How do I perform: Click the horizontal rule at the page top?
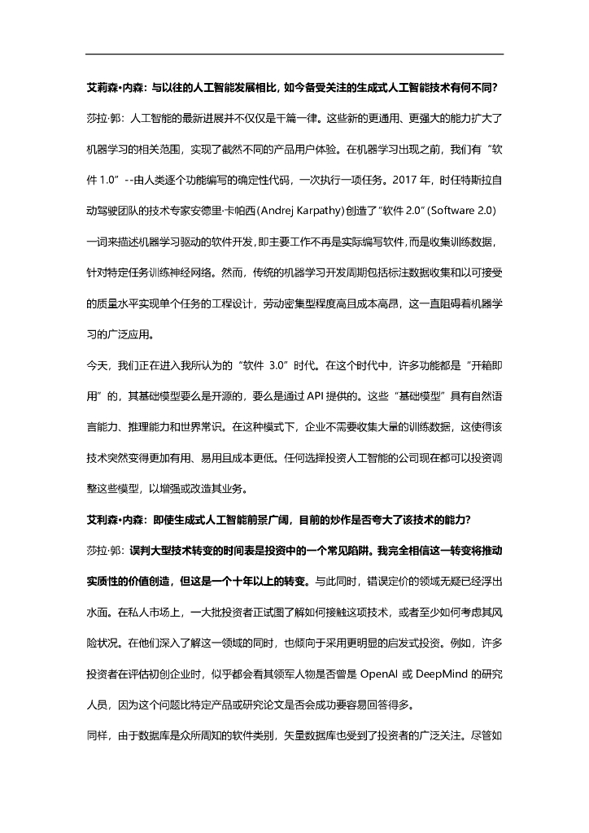tap(294, 54)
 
